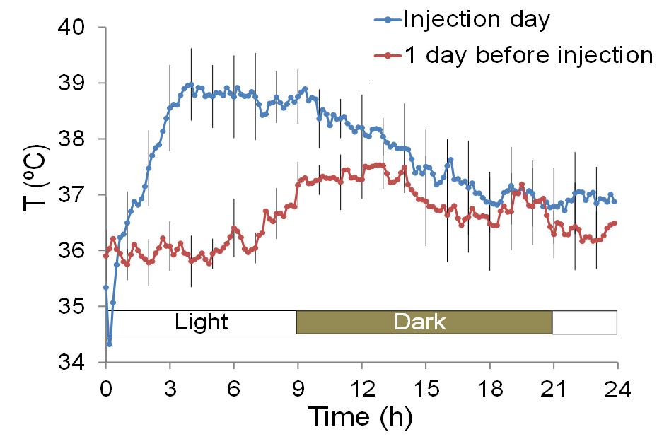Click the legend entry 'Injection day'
475,19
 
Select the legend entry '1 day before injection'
528,54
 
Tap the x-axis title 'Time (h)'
359,416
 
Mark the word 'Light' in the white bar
202,322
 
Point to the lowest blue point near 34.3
110,344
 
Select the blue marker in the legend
388,20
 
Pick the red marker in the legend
388,55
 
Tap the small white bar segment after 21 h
584,322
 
